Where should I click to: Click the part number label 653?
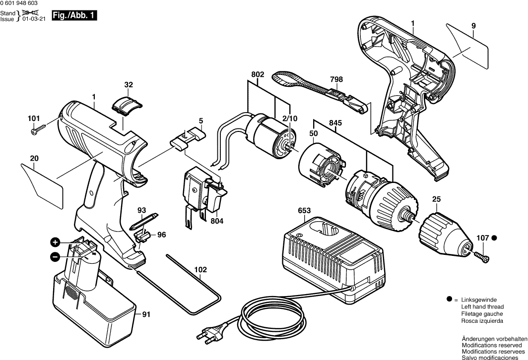tap(304, 211)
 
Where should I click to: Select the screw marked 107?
tap(482, 256)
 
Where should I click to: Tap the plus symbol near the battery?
tap(55, 242)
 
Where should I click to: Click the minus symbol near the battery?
tap(55, 256)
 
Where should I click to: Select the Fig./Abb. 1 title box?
tap(74, 16)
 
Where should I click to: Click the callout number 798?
tap(336, 79)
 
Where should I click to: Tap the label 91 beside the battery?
tap(146, 313)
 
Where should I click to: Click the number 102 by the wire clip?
tap(200, 270)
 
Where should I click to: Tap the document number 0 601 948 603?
tap(22, 4)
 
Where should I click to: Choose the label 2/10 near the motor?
tap(290, 119)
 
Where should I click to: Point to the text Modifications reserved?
tap(491, 345)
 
